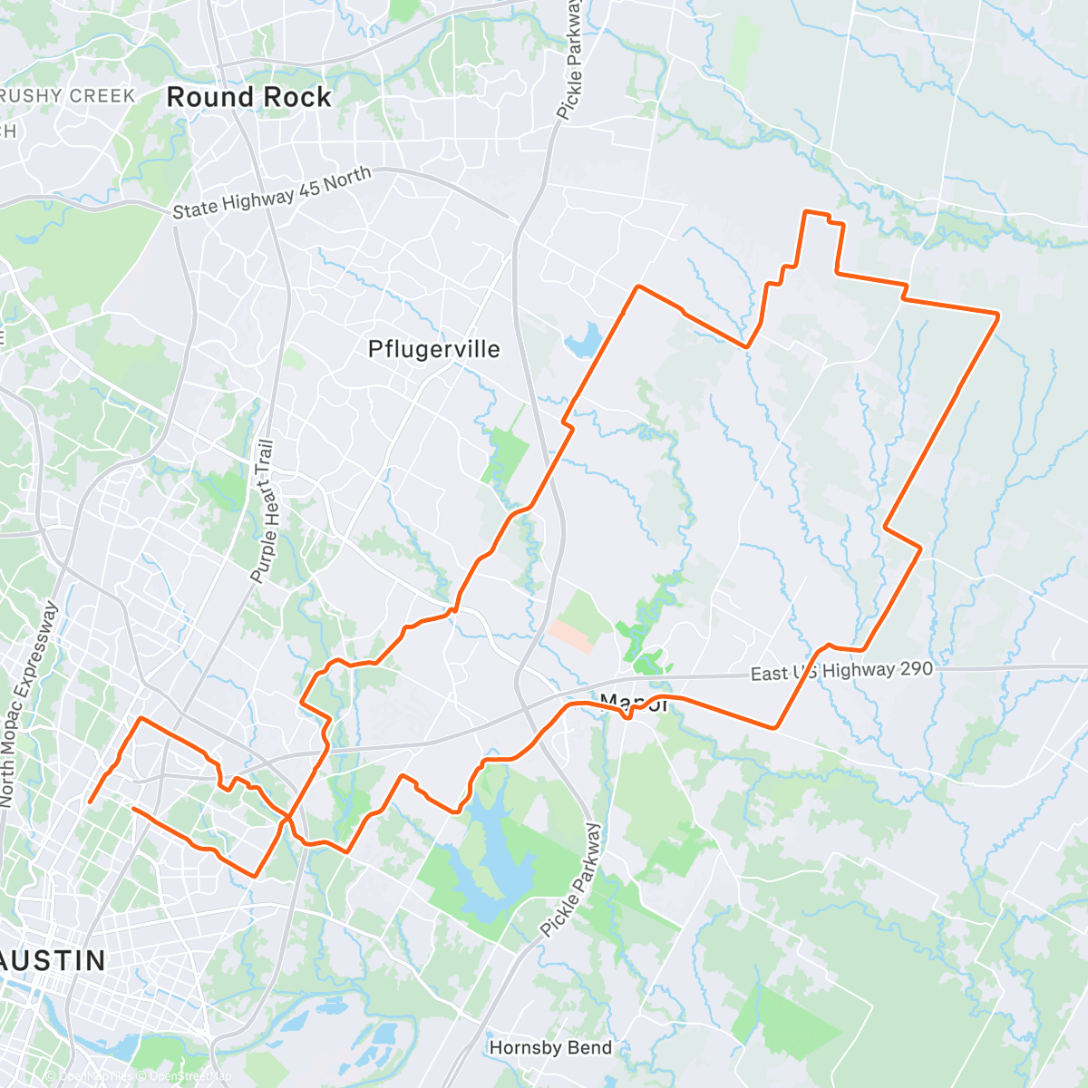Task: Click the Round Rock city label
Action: tap(248, 97)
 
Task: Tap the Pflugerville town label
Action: tap(433, 349)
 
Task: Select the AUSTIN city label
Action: tap(53, 960)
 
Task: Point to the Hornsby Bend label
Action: tap(550, 1048)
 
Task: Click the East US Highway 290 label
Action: tap(840, 672)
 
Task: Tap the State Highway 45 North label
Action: tap(272, 192)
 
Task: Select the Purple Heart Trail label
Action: tap(262, 511)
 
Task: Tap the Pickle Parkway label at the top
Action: tap(570, 60)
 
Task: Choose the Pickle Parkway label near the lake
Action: tap(570, 879)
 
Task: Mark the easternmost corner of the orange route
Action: tap(998, 315)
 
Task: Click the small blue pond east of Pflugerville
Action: tap(581, 342)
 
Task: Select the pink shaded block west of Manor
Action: tap(571, 636)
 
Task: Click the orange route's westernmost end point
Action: tap(89, 801)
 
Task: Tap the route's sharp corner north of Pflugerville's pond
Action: tap(639, 287)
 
